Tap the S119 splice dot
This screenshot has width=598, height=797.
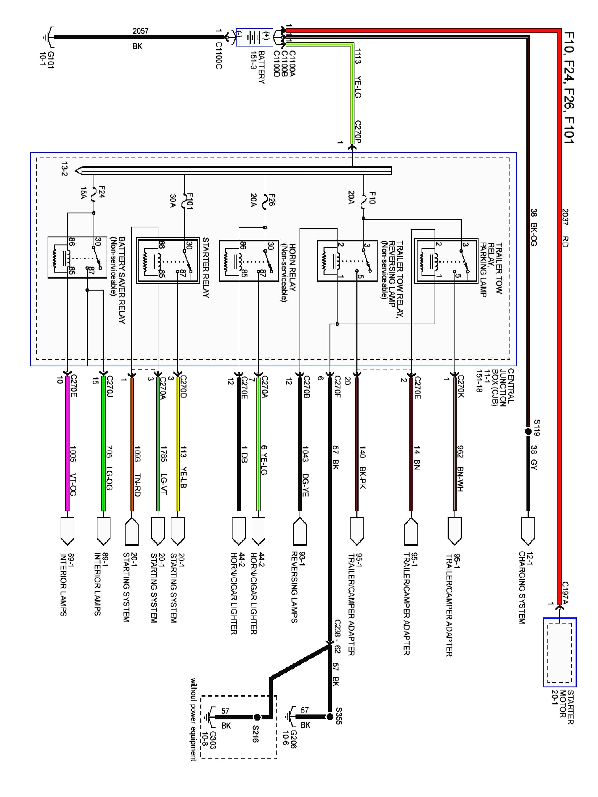(x=528, y=431)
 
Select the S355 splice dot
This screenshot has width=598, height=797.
(x=330, y=717)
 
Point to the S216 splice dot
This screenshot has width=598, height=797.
(x=257, y=717)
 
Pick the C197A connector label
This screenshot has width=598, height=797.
(x=565, y=593)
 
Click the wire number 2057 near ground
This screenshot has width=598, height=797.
(x=141, y=31)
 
